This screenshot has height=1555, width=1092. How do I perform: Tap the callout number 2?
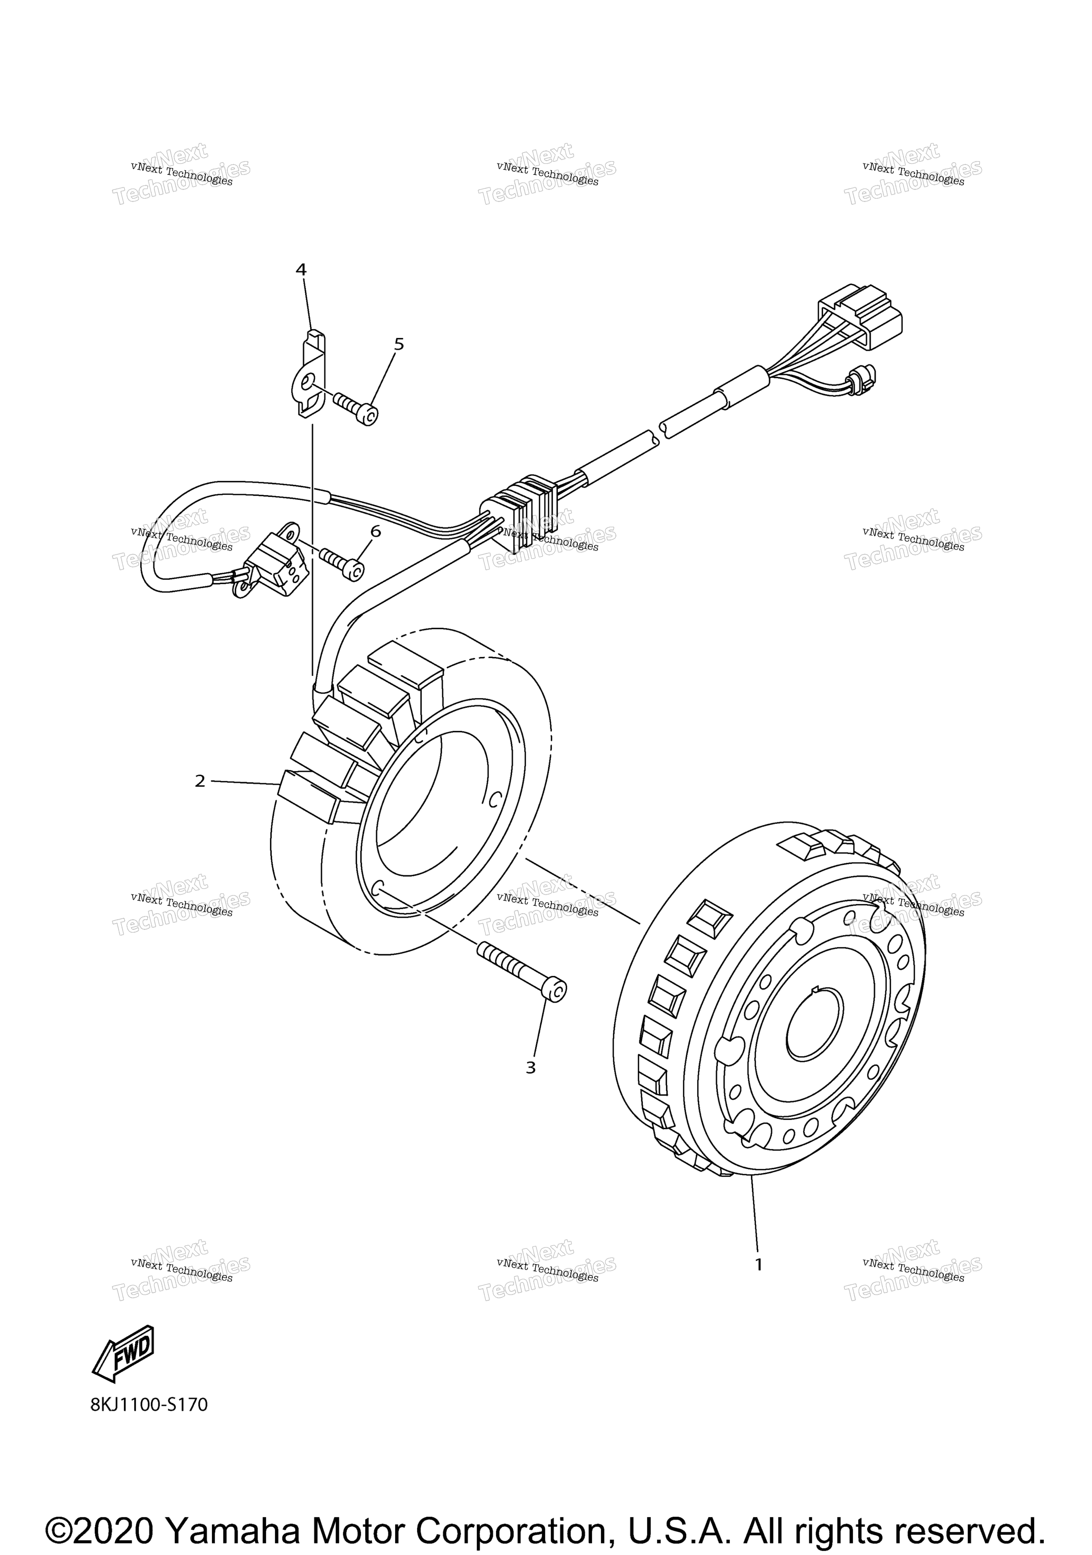(200, 781)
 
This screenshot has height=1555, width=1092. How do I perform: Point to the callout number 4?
(301, 270)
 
